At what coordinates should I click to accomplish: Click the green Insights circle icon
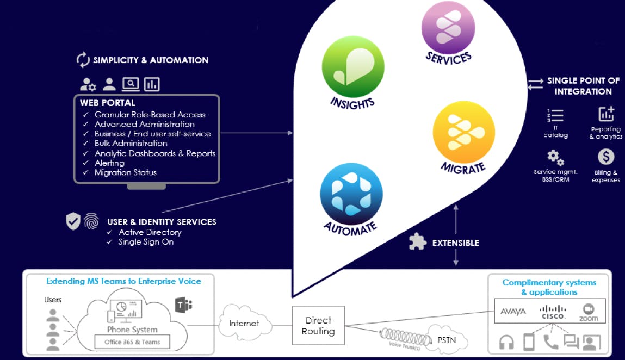pyautogui.click(x=353, y=67)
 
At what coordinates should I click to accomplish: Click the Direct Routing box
pyautogui.click(x=318, y=325)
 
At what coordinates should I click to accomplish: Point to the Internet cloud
pyautogui.click(x=244, y=323)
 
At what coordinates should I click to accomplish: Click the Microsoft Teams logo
pyautogui.click(x=183, y=305)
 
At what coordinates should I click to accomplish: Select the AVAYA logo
pyautogui.click(x=512, y=312)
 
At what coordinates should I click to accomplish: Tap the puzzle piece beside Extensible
pyautogui.click(x=417, y=243)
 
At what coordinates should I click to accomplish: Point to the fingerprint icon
pyautogui.click(x=91, y=221)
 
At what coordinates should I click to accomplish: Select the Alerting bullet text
pyautogui.click(x=109, y=163)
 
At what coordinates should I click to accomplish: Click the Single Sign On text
pyautogui.click(x=146, y=241)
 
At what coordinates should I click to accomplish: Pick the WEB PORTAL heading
pyautogui.click(x=107, y=103)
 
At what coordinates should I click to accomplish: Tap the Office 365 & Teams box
pyautogui.click(x=132, y=342)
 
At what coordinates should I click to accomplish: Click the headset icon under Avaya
pyautogui.click(x=506, y=342)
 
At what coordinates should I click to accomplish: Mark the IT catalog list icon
pyautogui.click(x=555, y=116)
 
